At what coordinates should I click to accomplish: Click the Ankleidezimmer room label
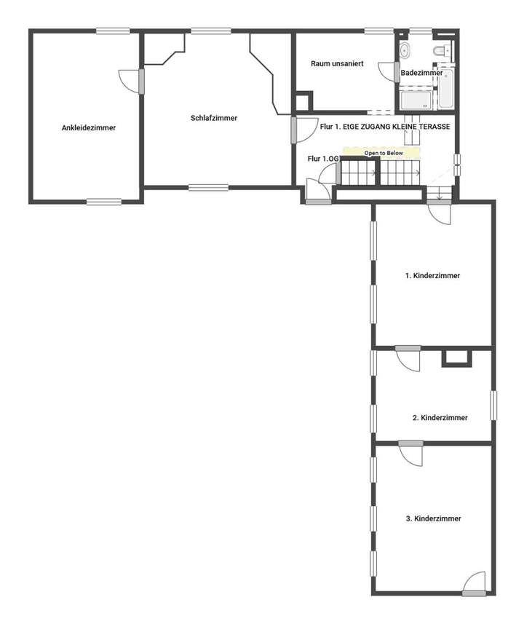point(89,127)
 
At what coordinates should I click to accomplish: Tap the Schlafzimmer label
point(214,118)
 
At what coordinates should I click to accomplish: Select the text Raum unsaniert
point(336,64)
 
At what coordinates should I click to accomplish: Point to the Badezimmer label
point(421,73)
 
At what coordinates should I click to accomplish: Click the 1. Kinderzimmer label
point(432,276)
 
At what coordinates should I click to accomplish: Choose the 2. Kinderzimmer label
point(440,418)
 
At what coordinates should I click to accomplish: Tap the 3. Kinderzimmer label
point(434,518)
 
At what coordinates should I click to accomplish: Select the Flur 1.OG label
point(323,159)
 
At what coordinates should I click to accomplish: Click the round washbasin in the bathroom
point(405,51)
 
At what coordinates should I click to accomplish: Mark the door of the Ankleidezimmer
point(131,79)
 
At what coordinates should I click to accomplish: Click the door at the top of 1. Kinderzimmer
point(440,212)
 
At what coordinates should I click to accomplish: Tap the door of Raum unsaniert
point(389,71)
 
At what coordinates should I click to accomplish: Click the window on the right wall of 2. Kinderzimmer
point(493,405)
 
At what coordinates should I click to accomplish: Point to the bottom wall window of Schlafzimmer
point(208,187)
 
